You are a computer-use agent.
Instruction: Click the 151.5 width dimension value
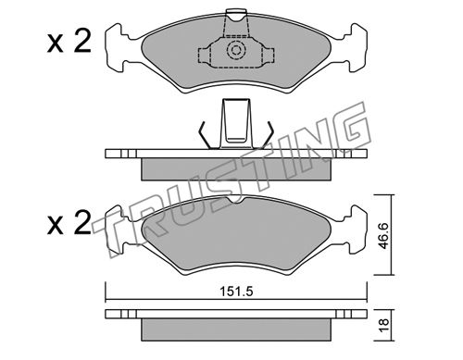click(236, 292)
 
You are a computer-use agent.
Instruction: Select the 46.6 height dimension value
click(383, 236)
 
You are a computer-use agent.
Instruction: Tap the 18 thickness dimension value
click(383, 325)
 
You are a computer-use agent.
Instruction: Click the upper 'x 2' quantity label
click(69, 43)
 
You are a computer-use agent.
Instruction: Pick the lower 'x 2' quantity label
click(69, 223)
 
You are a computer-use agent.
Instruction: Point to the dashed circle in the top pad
click(236, 50)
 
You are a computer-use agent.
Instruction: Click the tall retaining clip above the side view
click(236, 123)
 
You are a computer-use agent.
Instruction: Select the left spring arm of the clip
click(205, 135)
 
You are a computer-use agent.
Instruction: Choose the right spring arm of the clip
click(268, 135)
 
